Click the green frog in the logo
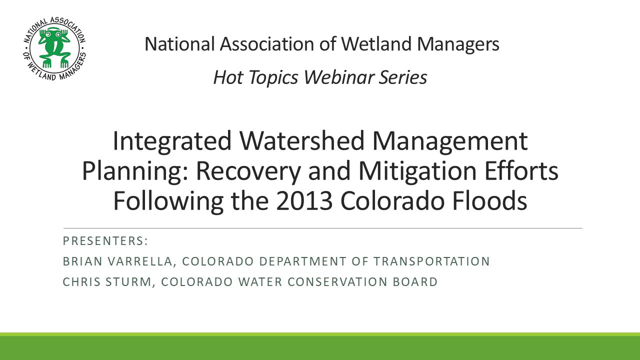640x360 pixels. click(x=54, y=47)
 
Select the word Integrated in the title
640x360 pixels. click(x=172, y=141)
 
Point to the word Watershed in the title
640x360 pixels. click(x=301, y=140)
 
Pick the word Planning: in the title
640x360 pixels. click(x=135, y=171)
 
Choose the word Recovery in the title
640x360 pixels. click(x=248, y=171)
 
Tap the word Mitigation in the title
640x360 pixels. click(x=417, y=171)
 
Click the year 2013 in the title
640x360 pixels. click(x=304, y=201)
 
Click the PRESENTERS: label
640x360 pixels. click(x=105, y=241)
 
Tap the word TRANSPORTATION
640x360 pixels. click(x=431, y=261)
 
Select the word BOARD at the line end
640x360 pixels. click(x=415, y=282)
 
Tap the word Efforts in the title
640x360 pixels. click(x=521, y=171)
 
